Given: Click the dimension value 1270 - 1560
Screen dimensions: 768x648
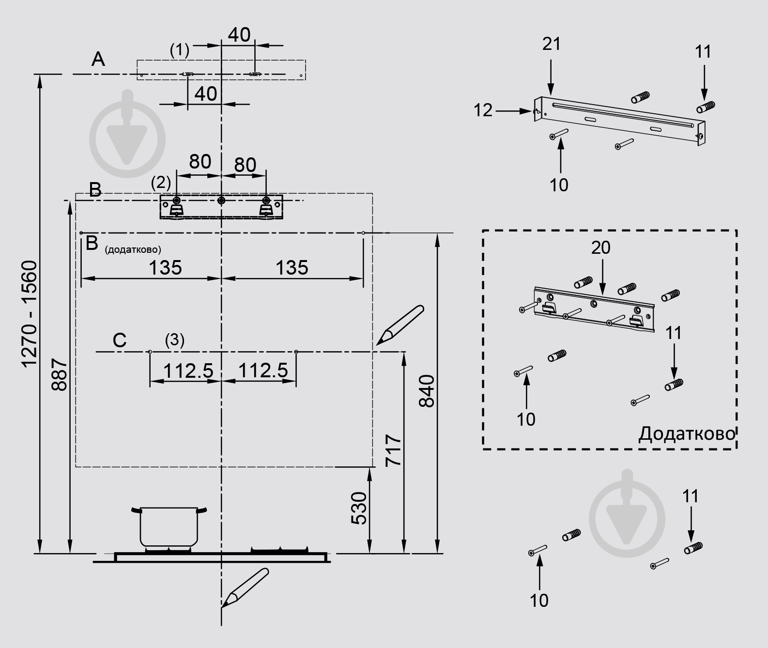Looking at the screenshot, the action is (x=30, y=314).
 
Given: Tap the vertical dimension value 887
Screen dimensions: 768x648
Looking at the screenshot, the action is (x=59, y=374).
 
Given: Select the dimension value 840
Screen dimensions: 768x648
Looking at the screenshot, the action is (x=427, y=391).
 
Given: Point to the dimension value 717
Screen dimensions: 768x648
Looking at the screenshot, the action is (x=393, y=451).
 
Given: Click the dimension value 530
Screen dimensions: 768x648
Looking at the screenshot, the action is (x=359, y=508).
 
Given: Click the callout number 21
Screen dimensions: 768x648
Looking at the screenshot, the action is (x=552, y=44).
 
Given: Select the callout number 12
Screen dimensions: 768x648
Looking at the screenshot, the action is (x=483, y=110).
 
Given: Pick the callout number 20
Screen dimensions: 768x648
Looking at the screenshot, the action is (x=600, y=248).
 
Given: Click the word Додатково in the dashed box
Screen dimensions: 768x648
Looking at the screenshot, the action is (x=687, y=433).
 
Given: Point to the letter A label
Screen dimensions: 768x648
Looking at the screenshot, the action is (x=98, y=59).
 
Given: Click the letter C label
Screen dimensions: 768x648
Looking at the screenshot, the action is (x=120, y=340).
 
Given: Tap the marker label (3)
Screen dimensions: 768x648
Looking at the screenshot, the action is (x=174, y=340).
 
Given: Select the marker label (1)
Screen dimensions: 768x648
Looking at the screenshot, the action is (x=180, y=50).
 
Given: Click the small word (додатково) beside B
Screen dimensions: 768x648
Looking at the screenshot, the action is (x=133, y=250).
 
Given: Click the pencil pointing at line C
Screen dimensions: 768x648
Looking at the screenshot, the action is (x=400, y=325).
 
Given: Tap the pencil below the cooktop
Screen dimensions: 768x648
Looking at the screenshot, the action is (x=245, y=587).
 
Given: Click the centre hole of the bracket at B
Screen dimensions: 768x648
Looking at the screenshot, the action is (x=221, y=201).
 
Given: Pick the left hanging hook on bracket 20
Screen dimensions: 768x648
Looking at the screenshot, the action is (x=549, y=308).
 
